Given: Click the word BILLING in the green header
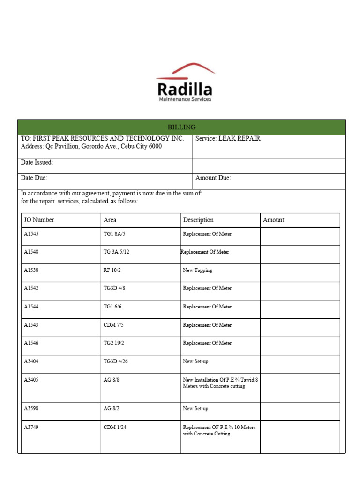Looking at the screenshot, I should (181, 127).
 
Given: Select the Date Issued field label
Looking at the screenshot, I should (37, 162).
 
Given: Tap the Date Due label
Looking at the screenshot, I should (34, 178).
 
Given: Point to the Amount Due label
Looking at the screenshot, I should (213, 178).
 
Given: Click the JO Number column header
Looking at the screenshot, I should (39, 220).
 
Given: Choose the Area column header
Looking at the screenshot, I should (110, 220).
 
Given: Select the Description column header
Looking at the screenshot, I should (198, 220).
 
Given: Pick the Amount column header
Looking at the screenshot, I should (273, 220).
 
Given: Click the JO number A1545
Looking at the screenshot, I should (31, 234).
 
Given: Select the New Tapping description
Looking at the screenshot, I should (197, 270).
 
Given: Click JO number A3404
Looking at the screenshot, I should (31, 361).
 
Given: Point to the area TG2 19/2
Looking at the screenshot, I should (114, 343).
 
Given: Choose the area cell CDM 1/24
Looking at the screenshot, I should (115, 427).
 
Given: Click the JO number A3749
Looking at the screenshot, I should (31, 427).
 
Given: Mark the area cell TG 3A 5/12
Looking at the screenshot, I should (116, 252).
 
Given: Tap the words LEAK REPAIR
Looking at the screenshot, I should (239, 139).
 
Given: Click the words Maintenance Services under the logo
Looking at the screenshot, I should (185, 99).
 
